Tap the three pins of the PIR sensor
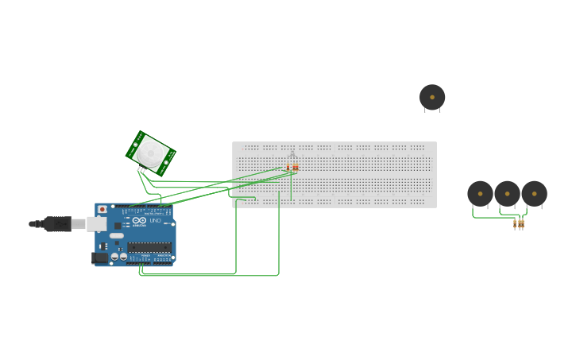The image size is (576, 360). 141,169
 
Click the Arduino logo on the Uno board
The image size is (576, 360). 139,220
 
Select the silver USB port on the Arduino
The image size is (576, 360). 96,224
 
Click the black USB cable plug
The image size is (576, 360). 57,224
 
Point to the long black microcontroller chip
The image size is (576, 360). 149,246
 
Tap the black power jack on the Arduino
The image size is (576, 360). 100,257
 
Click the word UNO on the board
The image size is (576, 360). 155,220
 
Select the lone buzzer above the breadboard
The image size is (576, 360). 432,97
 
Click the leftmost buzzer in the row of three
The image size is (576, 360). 480,193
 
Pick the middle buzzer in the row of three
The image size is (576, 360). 507,193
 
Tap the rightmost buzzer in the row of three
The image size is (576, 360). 534,193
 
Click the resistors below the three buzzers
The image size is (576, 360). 519,224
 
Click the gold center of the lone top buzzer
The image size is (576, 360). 432,97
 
